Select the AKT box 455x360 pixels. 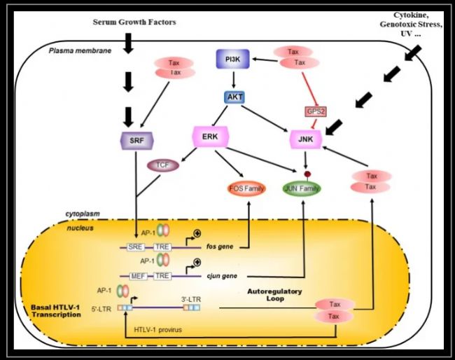coord(233,98)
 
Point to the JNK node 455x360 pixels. coord(305,140)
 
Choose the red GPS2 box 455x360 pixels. coord(316,111)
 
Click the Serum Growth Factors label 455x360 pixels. coord(135,22)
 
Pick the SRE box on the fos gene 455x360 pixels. coord(135,247)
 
